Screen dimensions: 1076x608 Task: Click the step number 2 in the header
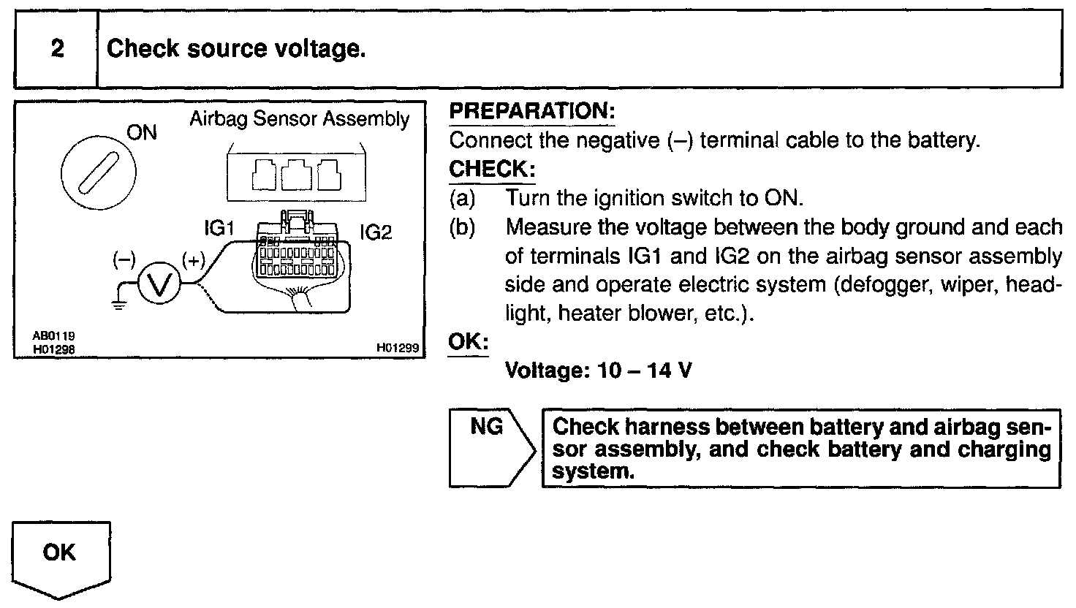coord(57,49)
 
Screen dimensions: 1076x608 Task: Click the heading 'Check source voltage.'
coord(236,49)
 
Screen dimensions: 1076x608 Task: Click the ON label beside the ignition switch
coord(142,133)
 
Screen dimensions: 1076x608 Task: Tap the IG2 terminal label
coord(376,232)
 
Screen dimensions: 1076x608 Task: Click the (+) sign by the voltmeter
coord(194,260)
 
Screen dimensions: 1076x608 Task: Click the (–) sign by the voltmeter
coord(124,260)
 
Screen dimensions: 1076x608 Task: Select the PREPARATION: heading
coord(532,112)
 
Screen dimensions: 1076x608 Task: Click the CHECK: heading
coord(492,170)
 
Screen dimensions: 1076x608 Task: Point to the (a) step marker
coord(462,198)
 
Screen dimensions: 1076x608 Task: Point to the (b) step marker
coord(462,227)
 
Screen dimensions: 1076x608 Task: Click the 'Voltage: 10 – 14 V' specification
coord(598,370)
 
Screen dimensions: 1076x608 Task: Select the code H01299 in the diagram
coord(398,349)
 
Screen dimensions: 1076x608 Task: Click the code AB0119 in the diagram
coord(53,335)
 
